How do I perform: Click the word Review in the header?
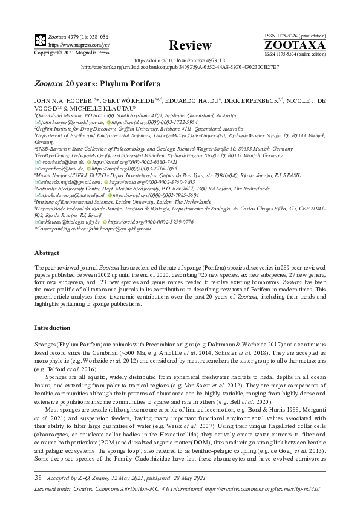(x=190, y=45)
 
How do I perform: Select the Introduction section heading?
(x=53, y=328)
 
